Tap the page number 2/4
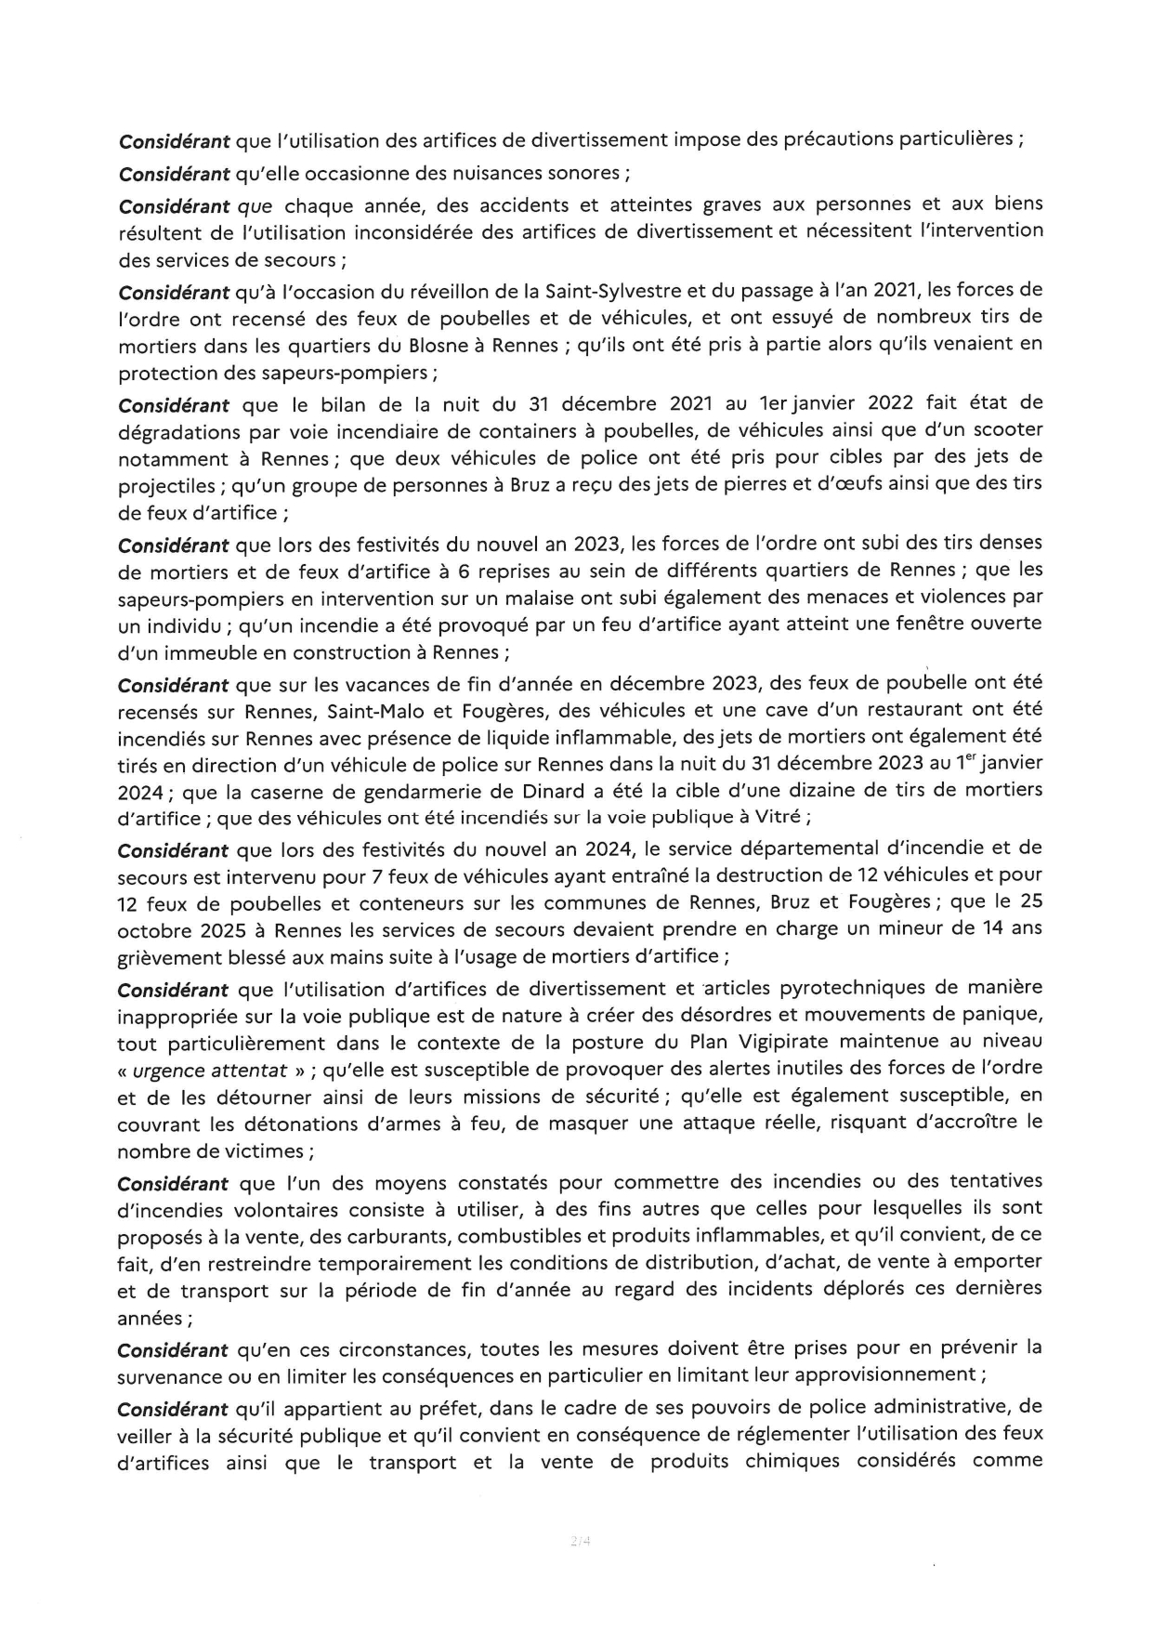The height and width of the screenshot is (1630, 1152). (x=581, y=1542)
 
